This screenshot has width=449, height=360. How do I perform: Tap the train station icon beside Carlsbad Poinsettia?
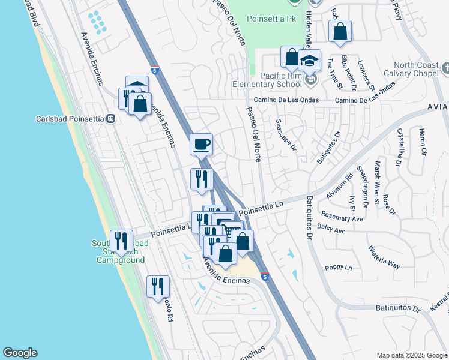(x=111, y=119)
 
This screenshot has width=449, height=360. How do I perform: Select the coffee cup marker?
(x=201, y=144)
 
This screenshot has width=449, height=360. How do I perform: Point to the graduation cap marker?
(x=310, y=61)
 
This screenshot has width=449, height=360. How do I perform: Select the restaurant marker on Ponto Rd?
(x=158, y=286)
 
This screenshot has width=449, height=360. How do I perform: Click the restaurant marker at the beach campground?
(x=121, y=241)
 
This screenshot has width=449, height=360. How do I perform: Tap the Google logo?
(x=20, y=353)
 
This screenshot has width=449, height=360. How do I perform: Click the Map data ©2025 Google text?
(x=412, y=355)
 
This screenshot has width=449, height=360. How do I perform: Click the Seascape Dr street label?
(x=286, y=135)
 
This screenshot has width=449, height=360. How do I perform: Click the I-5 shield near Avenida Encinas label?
(x=265, y=277)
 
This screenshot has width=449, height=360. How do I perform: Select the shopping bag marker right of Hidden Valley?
(x=340, y=32)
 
